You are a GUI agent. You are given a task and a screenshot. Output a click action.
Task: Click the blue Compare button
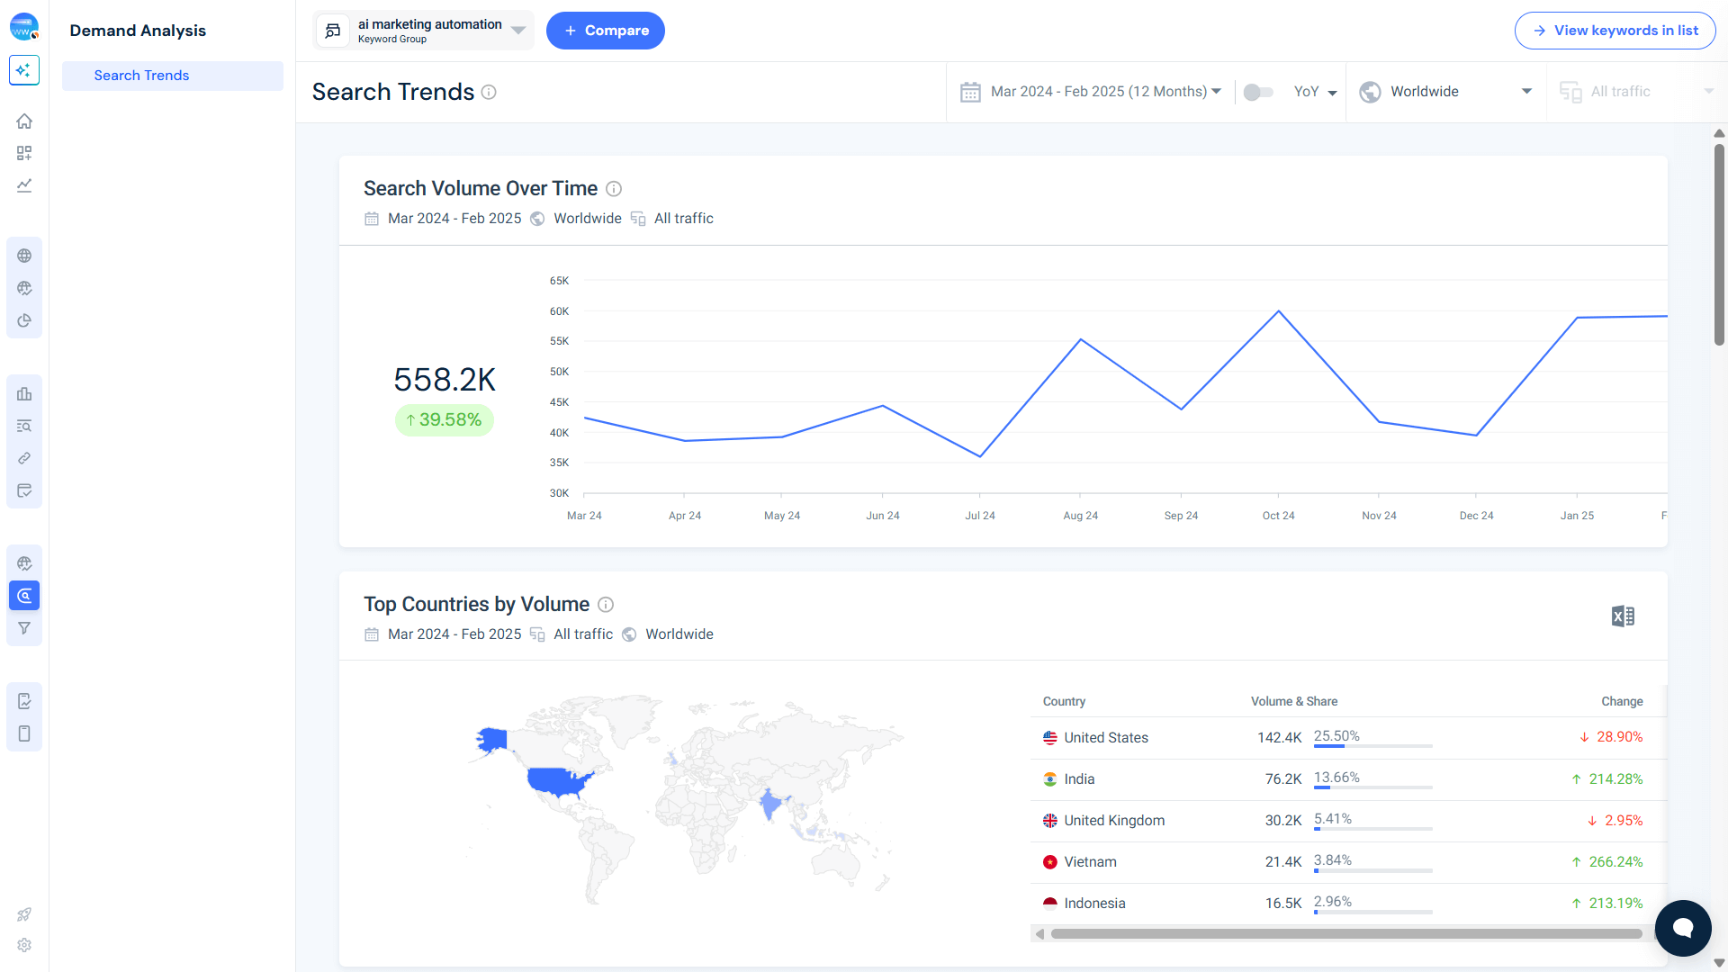pos(605,31)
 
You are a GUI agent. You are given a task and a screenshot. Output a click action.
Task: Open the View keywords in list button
pos(1615,31)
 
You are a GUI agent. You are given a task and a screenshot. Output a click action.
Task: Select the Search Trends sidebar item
pos(141,76)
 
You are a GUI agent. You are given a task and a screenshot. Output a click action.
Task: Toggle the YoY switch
pos(1257,92)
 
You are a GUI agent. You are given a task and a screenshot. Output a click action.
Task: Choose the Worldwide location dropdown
pos(1445,92)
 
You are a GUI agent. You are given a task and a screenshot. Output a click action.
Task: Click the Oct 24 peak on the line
pos(1278,311)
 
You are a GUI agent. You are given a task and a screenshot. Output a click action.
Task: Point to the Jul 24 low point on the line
pos(980,456)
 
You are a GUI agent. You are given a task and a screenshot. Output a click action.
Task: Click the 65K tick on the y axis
pos(559,281)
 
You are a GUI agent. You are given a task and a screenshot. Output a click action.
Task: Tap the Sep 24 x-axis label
pos(1181,516)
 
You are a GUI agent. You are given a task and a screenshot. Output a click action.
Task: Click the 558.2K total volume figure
pos(445,380)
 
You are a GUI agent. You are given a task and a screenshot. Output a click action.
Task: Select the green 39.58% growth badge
pos(445,420)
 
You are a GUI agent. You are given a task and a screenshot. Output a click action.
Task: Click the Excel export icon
pos(1623,616)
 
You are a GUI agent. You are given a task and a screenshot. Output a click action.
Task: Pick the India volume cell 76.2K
pos(1282,779)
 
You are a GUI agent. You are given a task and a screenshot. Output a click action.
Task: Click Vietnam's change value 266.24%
pos(1615,862)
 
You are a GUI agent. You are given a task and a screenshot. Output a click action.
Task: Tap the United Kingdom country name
pos(1113,821)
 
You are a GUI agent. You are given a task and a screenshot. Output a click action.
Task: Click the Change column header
pos(1622,701)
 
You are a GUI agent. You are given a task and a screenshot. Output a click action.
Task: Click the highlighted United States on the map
pos(558,779)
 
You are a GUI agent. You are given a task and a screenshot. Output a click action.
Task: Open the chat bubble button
pos(1682,928)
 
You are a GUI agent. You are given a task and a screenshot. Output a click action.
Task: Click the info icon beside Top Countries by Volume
pos(606,605)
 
